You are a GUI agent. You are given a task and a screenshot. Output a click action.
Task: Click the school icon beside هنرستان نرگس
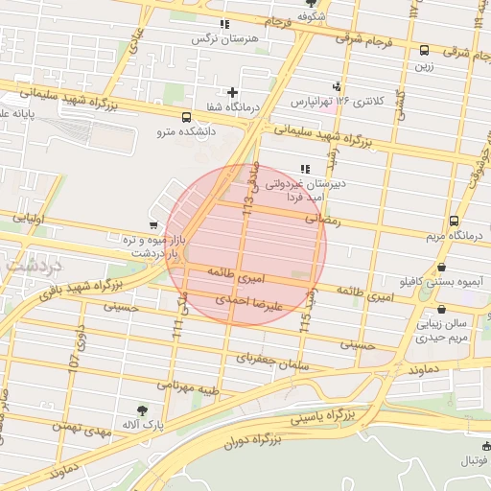pyautogui.click(x=224, y=24)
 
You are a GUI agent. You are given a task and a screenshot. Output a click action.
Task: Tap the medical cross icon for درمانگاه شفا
pyautogui.click(x=232, y=93)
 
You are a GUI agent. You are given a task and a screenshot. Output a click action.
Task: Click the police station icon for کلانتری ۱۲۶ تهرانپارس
pyautogui.click(x=336, y=86)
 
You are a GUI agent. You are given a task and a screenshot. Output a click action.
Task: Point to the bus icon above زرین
pyautogui.click(x=424, y=50)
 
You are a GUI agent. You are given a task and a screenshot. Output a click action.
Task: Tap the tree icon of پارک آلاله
pyautogui.click(x=143, y=409)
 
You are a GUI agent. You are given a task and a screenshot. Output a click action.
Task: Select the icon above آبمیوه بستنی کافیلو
pyautogui.click(x=441, y=268)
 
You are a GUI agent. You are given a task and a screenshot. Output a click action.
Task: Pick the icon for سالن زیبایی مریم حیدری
pyautogui.click(x=440, y=310)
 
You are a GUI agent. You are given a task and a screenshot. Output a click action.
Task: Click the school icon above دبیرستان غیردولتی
pyautogui.click(x=305, y=169)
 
